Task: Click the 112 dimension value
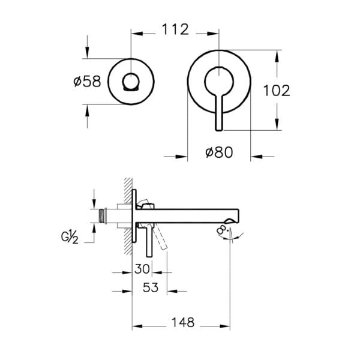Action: pos(175,29)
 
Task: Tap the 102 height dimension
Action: pos(277,90)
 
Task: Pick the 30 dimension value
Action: pos(142,269)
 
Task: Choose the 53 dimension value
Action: pos(151,287)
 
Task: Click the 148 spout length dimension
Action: pos(182,323)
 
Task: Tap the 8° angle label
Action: pos(223,230)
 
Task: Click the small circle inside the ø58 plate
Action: pos(131,81)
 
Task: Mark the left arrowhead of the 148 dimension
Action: pos(135,326)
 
